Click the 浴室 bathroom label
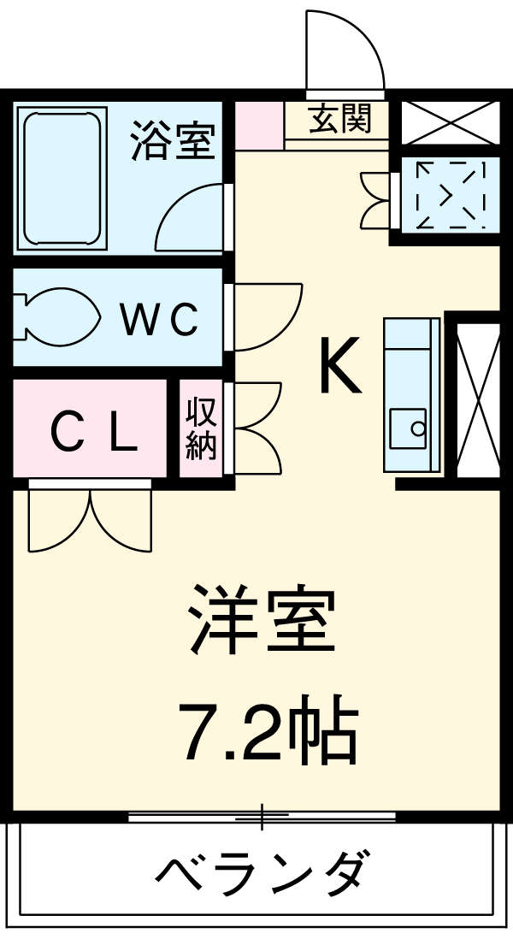click(171, 140)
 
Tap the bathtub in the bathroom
click(64, 178)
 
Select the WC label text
click(159, 320)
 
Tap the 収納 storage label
click(202, 428)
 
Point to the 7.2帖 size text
click(267, 732)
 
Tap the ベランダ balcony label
click(262, 872)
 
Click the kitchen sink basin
click(408, 428)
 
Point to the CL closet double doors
click(89, 519)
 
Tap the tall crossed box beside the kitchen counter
click(477, 399)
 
